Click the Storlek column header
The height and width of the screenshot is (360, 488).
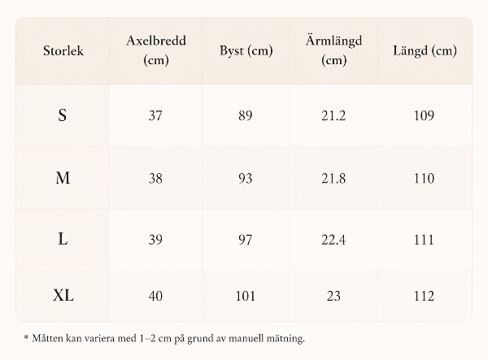(63, 50)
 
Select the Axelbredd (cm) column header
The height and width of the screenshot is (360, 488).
(156, 50)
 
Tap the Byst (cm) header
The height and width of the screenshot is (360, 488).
(246, 50)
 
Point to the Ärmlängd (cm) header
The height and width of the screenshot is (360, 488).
(333, 50)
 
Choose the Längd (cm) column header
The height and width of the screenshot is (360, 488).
(425, 50)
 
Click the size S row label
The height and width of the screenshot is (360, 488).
(63, 115)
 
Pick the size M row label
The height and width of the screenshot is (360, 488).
(63, 178)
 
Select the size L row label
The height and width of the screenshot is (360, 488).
(63, 240)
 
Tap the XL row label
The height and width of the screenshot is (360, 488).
(63, 295)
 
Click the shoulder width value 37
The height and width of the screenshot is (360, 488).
(155, 115)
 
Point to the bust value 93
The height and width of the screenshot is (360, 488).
(246, 179)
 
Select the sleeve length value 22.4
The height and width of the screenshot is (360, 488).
(333, 240)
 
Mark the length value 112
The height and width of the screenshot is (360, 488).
(424, 296)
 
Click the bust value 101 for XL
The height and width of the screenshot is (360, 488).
(246, 296)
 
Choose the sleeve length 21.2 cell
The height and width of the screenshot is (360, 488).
(333, 115)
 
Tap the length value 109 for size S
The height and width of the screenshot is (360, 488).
(424, 115)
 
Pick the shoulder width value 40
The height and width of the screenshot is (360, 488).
(155, 296)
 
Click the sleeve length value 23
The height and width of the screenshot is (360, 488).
(333, 296)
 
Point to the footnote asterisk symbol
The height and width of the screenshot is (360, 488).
(26, 337)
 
